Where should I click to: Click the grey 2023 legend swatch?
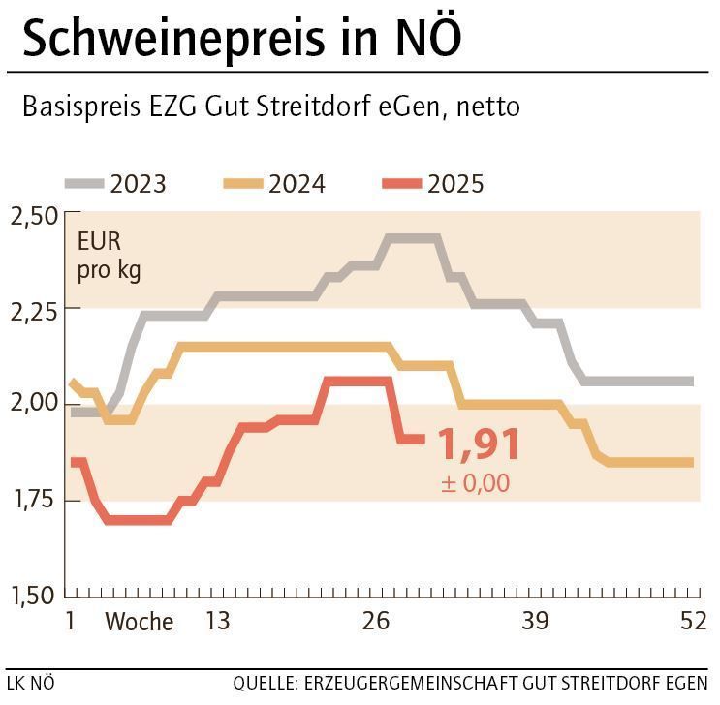pyautogui.click(x=84, y=183)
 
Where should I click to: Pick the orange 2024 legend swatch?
pyautogui.click(x=243, y=183)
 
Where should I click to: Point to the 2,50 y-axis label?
pyautogui.click(x=34, y=215)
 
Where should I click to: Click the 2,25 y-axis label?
pyautogui.click(x=34, y=310)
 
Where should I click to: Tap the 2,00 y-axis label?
pyautogui.click(x=34, y=405)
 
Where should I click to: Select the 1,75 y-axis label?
pyautogui.click(x=34, y=500)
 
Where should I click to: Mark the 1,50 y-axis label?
pyautogui.click(x=34, y=595)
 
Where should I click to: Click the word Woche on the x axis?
pyautogui.click(x=140, y=622)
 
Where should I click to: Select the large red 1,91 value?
pyautogui.click(x=479, y=444)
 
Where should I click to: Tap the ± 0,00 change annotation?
pyautogui.click(x=475, y=483)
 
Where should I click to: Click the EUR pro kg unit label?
pyautogui.click(x=109, y=256)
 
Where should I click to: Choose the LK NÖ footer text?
pyautogui.click(x=31, y=683)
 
